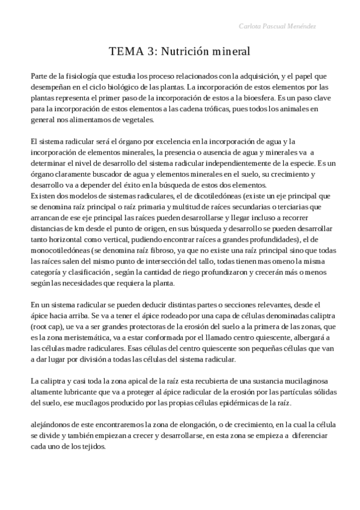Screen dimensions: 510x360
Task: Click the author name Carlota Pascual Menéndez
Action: tap(278, 27)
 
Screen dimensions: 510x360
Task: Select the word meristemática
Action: tap(77, 337)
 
